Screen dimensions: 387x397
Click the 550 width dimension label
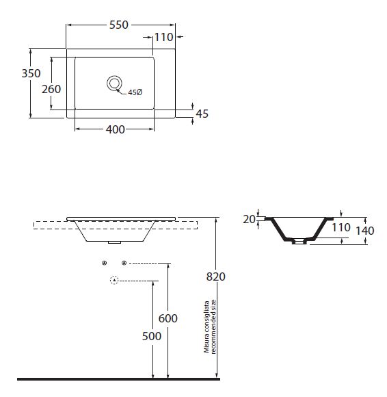click(119, 25)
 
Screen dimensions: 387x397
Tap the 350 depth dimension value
click(31, 73)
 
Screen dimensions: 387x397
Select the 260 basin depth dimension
click(51, 89)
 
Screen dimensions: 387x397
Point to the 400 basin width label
click(116, 129)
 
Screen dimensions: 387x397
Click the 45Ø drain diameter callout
click(135, 92)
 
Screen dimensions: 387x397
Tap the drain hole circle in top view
click(114, 84)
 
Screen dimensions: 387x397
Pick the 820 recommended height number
click(216, 277)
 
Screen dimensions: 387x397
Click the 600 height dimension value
click(168, 318)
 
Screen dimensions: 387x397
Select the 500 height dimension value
click(152, 336)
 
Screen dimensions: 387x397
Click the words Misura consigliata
click(206, 326)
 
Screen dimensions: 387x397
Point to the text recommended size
click(213, 326)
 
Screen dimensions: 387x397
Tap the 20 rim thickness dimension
click(249, 219)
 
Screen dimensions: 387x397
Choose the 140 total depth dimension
click(365, 231)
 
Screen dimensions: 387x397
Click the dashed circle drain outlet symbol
click(114, 280)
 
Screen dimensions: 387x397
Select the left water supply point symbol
click(104, 263)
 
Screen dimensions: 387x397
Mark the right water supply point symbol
click(124, 263)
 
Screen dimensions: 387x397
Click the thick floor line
click(118, 379)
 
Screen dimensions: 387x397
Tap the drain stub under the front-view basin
click(115, 242)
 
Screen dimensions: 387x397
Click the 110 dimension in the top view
click(163, 37)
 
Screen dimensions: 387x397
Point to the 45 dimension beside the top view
click(202, 114)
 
